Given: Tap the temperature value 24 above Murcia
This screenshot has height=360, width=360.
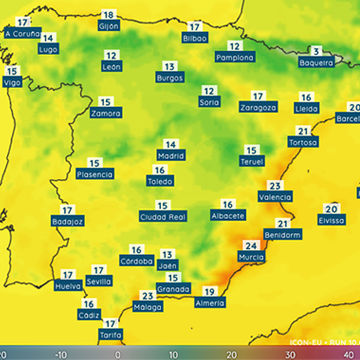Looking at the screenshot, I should pyautogui.click(x=250, y=246).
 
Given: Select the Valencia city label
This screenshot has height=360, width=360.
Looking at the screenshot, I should pyautogui.click(x=275, y=198).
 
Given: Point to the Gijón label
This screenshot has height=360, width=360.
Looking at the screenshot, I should pyautogui.click(x=109, y=27).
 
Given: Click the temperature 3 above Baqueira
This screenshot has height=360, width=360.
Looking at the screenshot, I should pyautogui.click(x=316, y=51).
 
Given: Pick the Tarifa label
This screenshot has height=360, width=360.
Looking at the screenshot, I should pyautogui.click(x=111, y=336).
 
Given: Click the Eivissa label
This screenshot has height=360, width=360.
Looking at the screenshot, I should pyautogui.click(x=330, y=220).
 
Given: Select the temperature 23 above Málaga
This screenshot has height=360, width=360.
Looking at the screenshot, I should pyautogui.click(x=147, y=295).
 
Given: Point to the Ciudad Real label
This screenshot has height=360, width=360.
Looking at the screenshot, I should pyautogui.click(x=163, y=216).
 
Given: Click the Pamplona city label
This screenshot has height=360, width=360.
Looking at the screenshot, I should pyautogui.click(x=235, y=58).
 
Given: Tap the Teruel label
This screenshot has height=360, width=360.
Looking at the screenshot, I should pyautogui.click(x=253, y=161).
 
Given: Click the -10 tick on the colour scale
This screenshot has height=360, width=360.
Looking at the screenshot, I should pyautogui.click(x=60, y=353).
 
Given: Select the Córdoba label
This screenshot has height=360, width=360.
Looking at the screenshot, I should pyautogui.click(x=136, y=260).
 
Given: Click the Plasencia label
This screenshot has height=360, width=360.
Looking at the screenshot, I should pyautogui.click(x=94, y=174).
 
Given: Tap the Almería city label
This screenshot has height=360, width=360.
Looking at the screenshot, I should pyautogui.click(x=209, y=302).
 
